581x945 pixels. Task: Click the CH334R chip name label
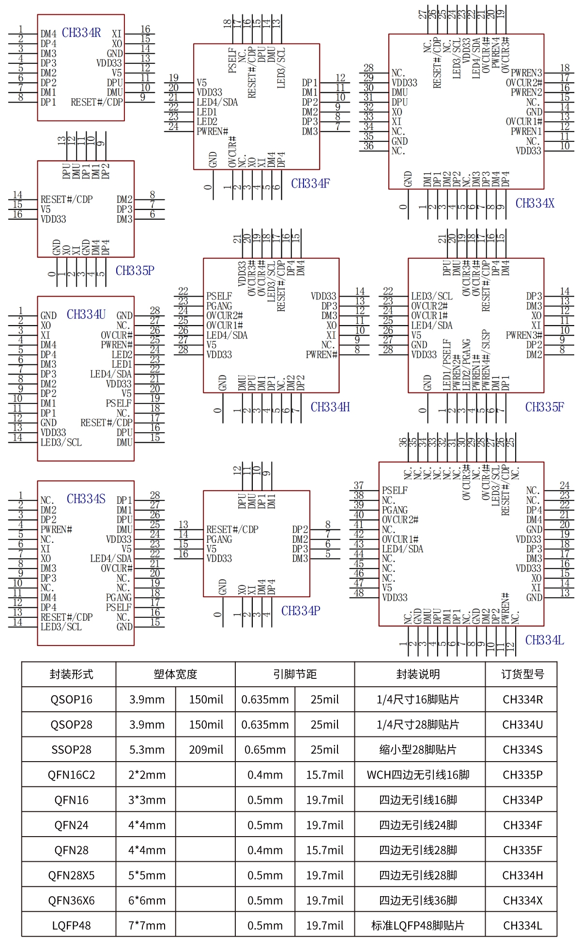coord(81,33)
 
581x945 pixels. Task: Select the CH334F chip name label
coord(310,183)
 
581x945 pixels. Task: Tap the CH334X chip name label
coord(535,203)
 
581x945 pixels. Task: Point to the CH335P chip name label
coord(135,270)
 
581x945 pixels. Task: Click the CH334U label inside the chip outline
coord(86,315)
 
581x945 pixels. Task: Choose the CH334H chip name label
coord(330,407)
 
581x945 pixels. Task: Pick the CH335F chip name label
coord(545,407)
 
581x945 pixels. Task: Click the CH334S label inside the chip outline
coord(86,499)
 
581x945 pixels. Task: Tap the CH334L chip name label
coord(545,640)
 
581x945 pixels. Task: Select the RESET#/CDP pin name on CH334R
coord(97,102)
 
